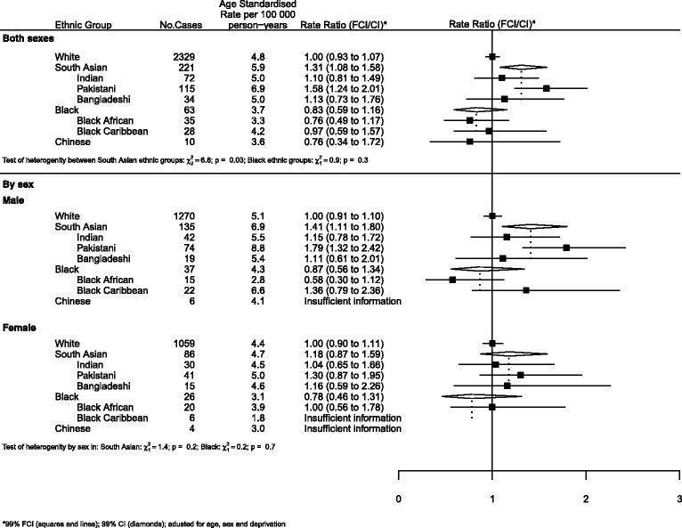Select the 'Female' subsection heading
22,328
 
